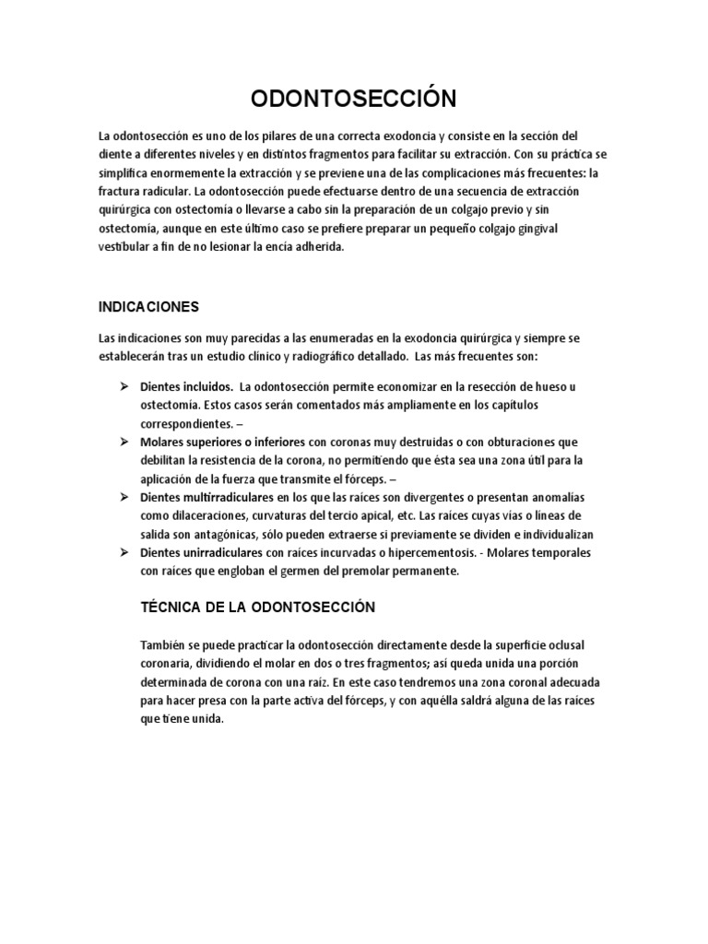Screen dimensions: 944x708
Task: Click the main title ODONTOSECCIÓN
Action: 353,99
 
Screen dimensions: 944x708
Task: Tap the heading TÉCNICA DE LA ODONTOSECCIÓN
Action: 244,607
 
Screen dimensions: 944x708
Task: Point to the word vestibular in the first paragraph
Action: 126,246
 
